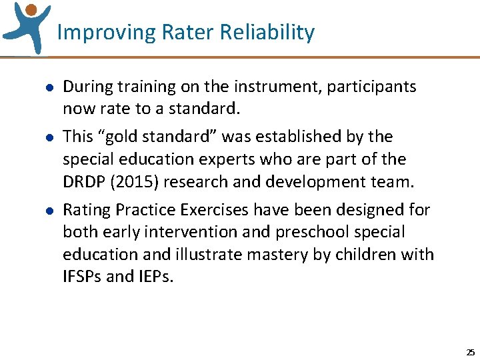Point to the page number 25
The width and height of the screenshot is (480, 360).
click(470, 352)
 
